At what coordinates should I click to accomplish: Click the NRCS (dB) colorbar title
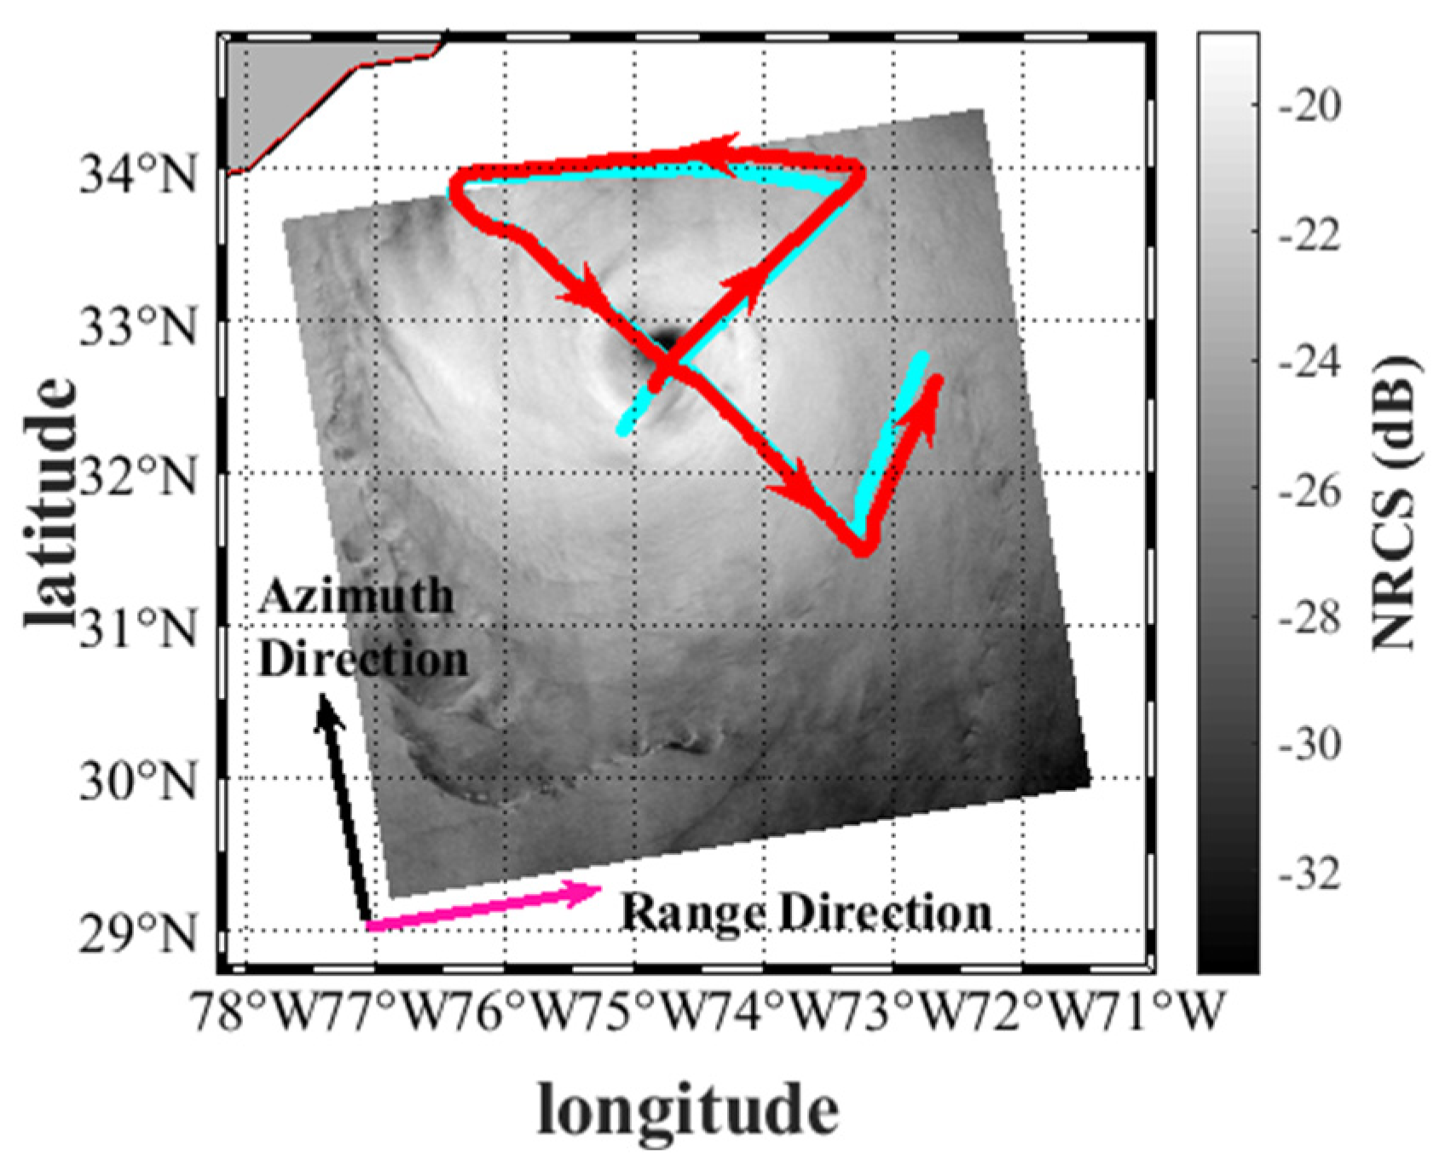[1396, 503]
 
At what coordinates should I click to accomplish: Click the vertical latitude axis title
[51, 503]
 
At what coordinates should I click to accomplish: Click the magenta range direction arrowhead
[588, 892]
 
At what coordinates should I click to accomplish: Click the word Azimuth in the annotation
[355, 596]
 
